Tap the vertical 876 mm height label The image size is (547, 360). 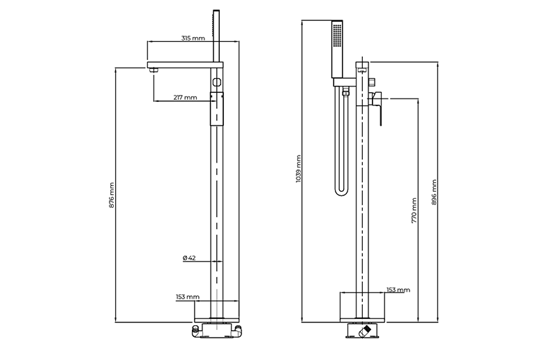tap(112, 197)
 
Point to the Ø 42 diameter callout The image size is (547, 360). tap(188, 257)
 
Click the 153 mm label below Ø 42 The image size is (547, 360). tap(188, 297)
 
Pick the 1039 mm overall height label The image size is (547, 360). tap(298, 167)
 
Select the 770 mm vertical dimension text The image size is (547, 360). tap(414, 210)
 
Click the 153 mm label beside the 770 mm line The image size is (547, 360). tap(398, 290)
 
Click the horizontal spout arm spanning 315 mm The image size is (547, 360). tap(185, 66)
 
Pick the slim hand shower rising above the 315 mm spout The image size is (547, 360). tap(214, 35)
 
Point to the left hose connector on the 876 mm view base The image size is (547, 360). tap(196, 330)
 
